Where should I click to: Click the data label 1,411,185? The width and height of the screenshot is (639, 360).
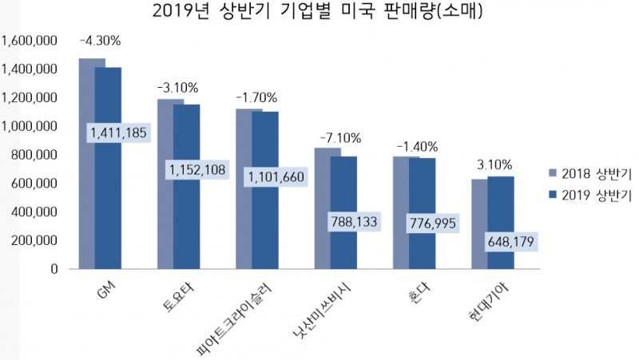[118, 133]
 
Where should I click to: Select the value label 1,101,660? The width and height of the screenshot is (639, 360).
[276, 176]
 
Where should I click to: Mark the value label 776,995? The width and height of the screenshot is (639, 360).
[432, 224]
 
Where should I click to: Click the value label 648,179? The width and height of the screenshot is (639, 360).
[510, 240]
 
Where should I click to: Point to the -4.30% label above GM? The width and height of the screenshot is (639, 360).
[99, 40]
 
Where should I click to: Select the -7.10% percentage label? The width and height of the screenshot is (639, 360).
[339, 138]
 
